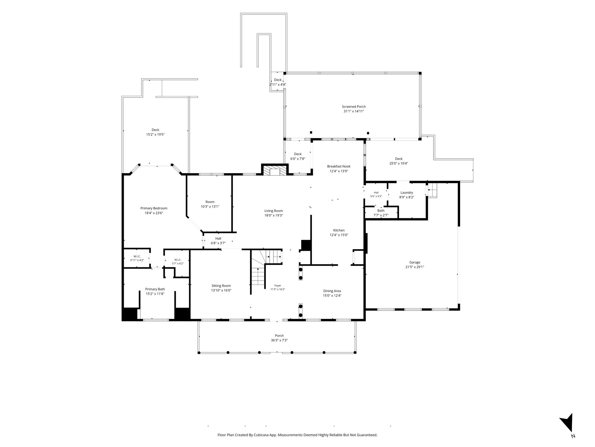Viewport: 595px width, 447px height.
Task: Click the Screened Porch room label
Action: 354,107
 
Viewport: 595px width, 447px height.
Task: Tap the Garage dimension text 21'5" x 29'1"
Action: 415,267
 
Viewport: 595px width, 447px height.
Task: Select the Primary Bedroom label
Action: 154,208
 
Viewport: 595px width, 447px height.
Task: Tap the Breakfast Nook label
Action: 339,166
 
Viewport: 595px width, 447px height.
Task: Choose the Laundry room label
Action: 407,193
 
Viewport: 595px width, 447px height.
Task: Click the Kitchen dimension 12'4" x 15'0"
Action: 339,235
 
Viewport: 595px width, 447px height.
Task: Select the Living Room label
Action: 274,211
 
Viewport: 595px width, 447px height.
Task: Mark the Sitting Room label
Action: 221,286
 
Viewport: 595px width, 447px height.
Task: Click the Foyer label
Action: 278,285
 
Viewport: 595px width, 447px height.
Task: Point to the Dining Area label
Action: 332,291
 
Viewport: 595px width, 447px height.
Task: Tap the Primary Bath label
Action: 155,289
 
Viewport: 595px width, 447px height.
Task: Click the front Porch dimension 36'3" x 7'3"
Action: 279,340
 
